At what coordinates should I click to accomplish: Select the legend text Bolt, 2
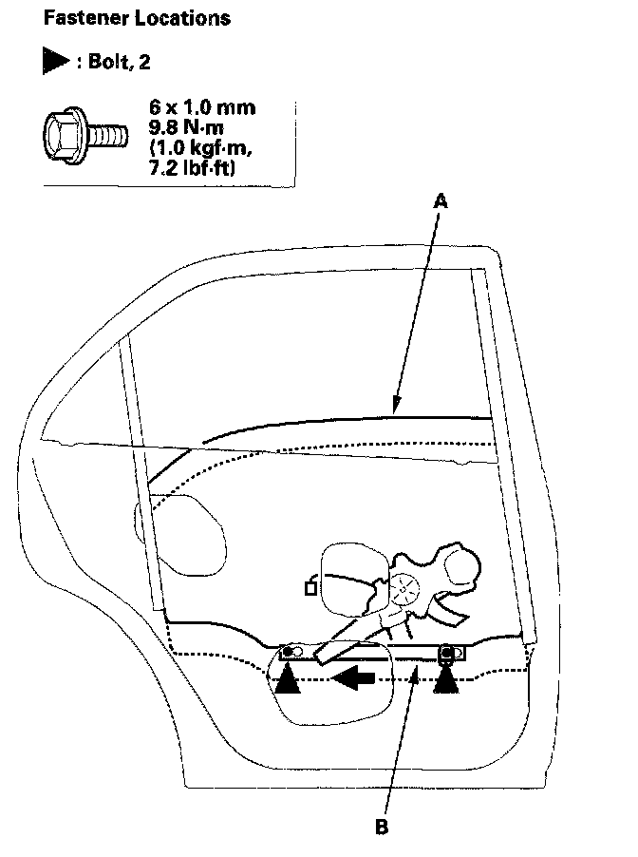[115, 62]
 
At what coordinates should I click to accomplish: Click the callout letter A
[440, 200]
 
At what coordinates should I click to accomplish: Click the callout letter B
[383, 827]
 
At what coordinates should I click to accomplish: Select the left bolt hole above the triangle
[290, 653]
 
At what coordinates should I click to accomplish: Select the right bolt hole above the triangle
[445, 652]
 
